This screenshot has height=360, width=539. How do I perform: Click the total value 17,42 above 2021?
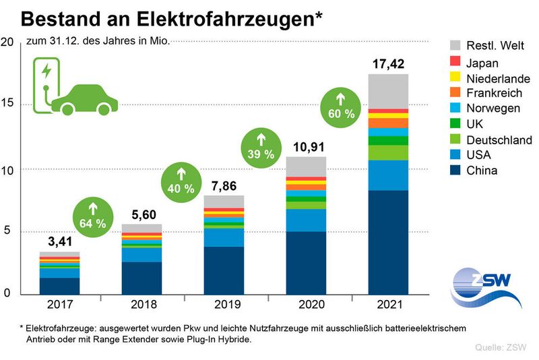[388, 65]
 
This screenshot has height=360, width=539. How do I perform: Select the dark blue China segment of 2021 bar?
[388, 243]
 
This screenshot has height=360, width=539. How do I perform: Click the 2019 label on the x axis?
[224, 305]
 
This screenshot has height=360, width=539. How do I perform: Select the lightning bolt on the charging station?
[46, 71]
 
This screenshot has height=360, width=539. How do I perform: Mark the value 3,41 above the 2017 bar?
[59, 241]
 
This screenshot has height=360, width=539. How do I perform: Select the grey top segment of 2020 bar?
[306, 167]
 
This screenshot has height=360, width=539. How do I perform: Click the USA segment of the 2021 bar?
[388, 175]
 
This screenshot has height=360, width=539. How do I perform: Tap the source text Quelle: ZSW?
[499, 347]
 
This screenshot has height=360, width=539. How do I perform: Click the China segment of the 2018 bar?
[141, 278]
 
